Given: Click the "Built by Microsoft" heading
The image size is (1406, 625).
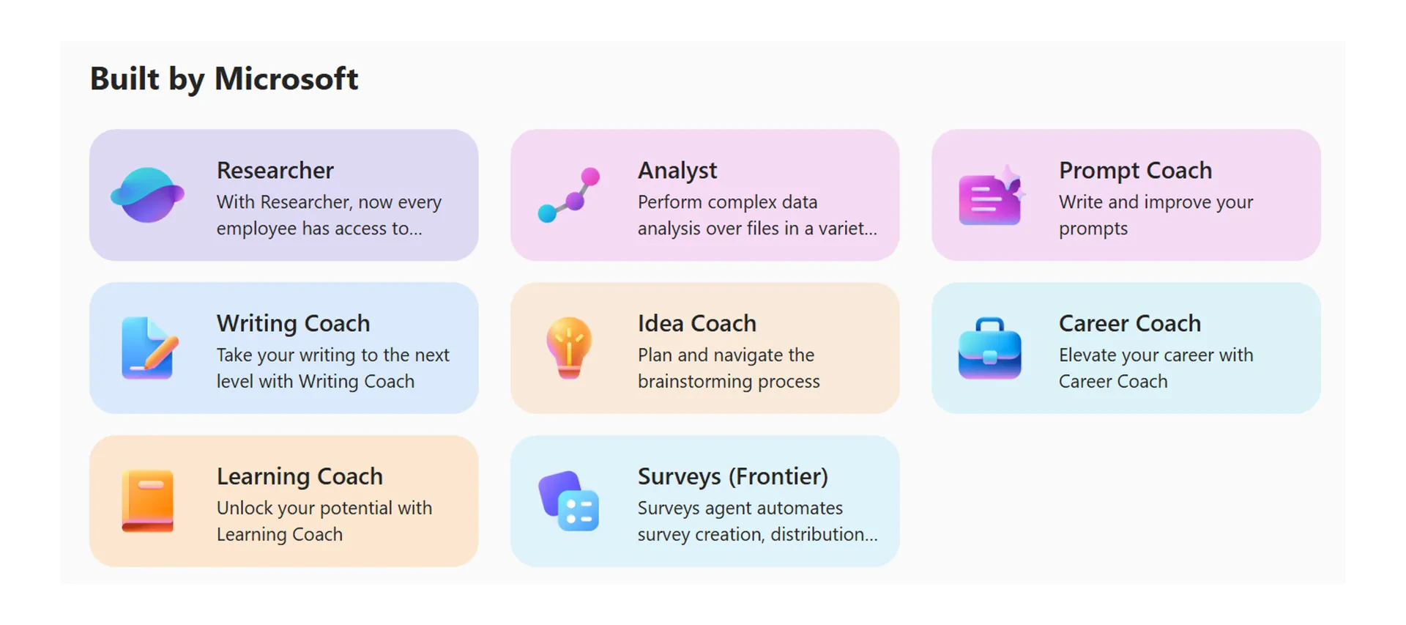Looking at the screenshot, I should [x=224, y=79].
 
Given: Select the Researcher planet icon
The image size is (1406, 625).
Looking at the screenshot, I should [x=147, y=195].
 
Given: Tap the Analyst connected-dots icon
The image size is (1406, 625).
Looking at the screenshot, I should [x=569, y=195].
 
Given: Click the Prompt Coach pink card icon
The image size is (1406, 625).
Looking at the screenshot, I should [x=990, y=196].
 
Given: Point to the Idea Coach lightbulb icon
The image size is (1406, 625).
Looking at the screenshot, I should [x=569, y=348].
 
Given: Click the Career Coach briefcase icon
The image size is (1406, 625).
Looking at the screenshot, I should [x=990, y=349].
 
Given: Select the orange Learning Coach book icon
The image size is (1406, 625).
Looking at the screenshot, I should [x=148, y=501].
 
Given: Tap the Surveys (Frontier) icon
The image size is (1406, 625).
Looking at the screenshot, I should [x=569, y=501].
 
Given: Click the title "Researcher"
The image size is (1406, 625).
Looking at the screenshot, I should [x=275, y=171].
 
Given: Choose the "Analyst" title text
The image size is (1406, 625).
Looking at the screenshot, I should [x=677, y=171].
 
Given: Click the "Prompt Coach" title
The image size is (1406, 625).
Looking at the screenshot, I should [x=1135, y=171].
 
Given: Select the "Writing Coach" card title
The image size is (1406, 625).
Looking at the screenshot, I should [x=293, y=324].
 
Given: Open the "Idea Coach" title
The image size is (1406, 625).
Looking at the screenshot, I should [x=696, y=324].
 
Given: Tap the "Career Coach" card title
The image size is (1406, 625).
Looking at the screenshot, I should [x=1130, y=324].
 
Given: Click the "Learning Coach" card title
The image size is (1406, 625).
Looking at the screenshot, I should [x=300, y=477].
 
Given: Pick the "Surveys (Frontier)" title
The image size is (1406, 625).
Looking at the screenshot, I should [x=732, y=477].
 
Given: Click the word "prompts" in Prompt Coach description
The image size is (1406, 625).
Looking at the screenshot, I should [x=1093, y=229].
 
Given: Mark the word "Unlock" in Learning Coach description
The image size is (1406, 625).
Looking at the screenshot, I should [x=245, y=508].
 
